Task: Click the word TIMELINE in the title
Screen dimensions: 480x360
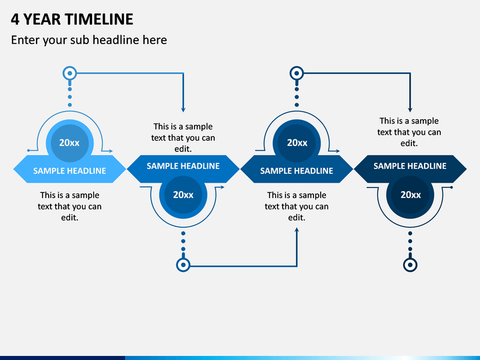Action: pos(99,19)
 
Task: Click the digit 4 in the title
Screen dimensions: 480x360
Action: pos(15,19)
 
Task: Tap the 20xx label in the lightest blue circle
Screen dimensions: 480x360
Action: pos(69,143)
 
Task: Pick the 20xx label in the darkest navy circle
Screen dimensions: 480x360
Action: pos(411,195)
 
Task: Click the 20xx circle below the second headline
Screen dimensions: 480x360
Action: pos(183,195)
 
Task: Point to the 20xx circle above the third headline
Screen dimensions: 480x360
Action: pos(297,143)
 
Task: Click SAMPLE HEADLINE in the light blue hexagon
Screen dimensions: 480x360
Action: pos(69,171)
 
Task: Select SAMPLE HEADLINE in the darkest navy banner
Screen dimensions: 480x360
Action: pos(410,166)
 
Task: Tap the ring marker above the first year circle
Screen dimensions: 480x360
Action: pos(70,73)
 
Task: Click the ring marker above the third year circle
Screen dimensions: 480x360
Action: pos(297,73)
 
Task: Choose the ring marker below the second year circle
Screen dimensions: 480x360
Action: pos(183,265)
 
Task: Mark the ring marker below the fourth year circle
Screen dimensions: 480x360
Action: pos(410,265)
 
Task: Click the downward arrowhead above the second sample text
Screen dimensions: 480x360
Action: pos(183,109)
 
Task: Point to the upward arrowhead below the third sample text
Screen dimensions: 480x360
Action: pos(297,230)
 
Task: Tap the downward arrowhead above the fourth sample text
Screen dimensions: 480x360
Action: pos(410,109)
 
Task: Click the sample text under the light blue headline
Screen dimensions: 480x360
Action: pos(69,206)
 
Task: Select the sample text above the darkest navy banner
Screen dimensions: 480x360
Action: pos(409,132)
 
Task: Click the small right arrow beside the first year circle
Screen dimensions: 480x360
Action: pos(107,151)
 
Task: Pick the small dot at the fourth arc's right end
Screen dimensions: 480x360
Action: pos(451,187)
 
